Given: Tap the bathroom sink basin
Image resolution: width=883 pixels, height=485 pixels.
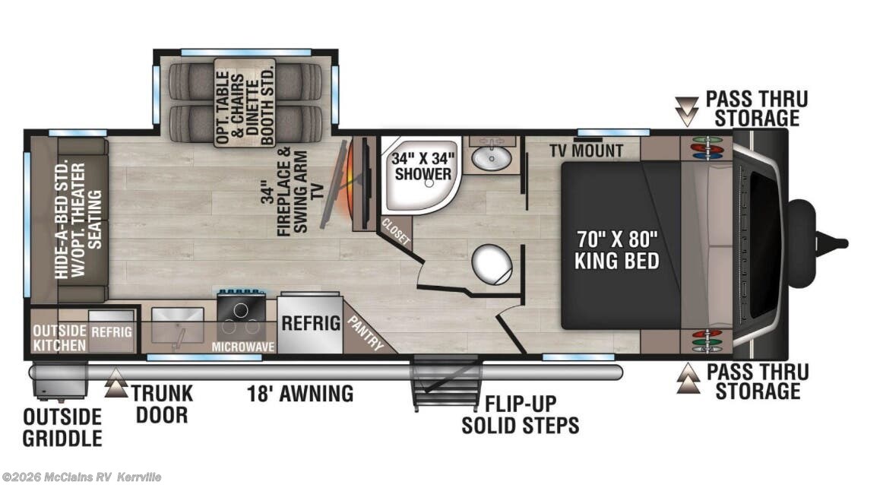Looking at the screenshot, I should (492, 158).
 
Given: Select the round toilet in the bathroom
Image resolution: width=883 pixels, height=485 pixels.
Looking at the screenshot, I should (492, 264).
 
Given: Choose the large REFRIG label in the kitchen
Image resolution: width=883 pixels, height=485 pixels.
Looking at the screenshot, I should (311, 322).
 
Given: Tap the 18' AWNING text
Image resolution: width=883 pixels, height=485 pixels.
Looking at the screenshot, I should (300, 394).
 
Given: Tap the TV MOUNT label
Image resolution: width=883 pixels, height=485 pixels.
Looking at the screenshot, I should (587, 151).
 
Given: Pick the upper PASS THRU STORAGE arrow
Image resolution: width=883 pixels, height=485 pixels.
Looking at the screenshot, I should (688, 110).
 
